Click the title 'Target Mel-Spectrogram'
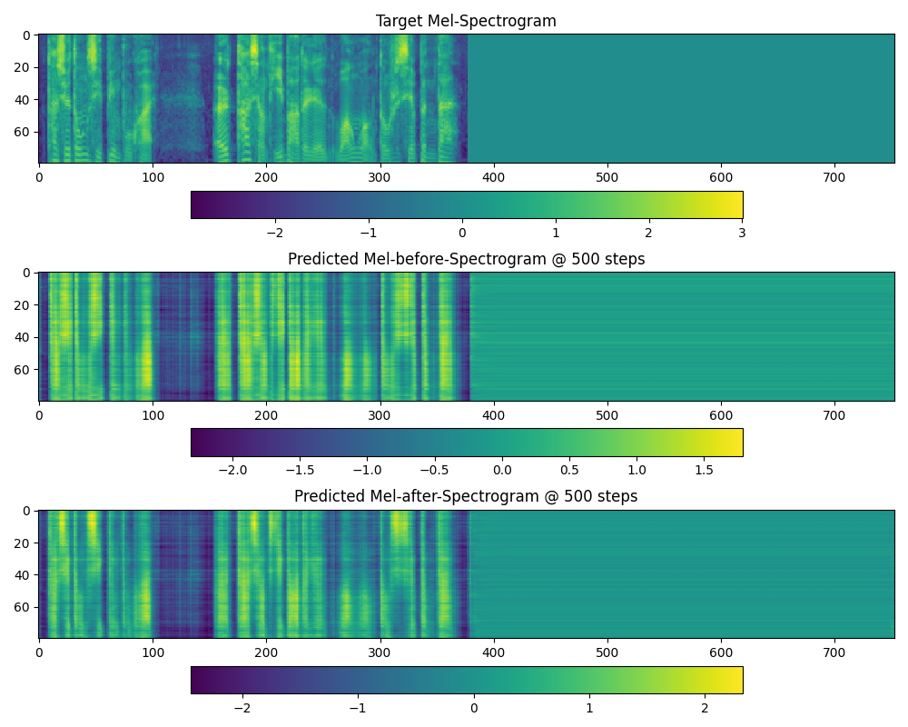[466, 21]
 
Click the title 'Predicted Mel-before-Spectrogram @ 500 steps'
[466, 259]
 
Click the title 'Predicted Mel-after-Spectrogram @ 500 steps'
[466, 496]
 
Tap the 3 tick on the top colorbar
[742, 233]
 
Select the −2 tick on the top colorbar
[275, 233]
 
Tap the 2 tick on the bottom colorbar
[705, 708]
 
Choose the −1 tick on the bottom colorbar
[358, 708]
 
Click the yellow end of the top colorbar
[737, 204]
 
